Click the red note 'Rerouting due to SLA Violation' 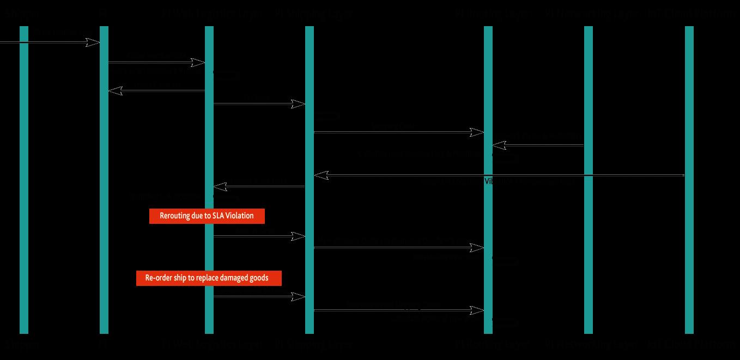[x=207, y=216]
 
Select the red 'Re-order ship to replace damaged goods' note [x=209, y=278]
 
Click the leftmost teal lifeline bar [x=24, y=180]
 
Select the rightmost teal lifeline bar [x=689, y=180]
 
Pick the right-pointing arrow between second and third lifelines [x=156, y=63]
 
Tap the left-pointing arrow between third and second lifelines [x=157, y=91]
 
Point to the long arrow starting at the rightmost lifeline [x=499, y=175]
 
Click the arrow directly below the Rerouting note [x=259, y=236]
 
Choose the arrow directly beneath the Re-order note [x=259, y=297]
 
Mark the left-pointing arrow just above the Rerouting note [x=259, y=187]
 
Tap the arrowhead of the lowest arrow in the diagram [x=478, y=310]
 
